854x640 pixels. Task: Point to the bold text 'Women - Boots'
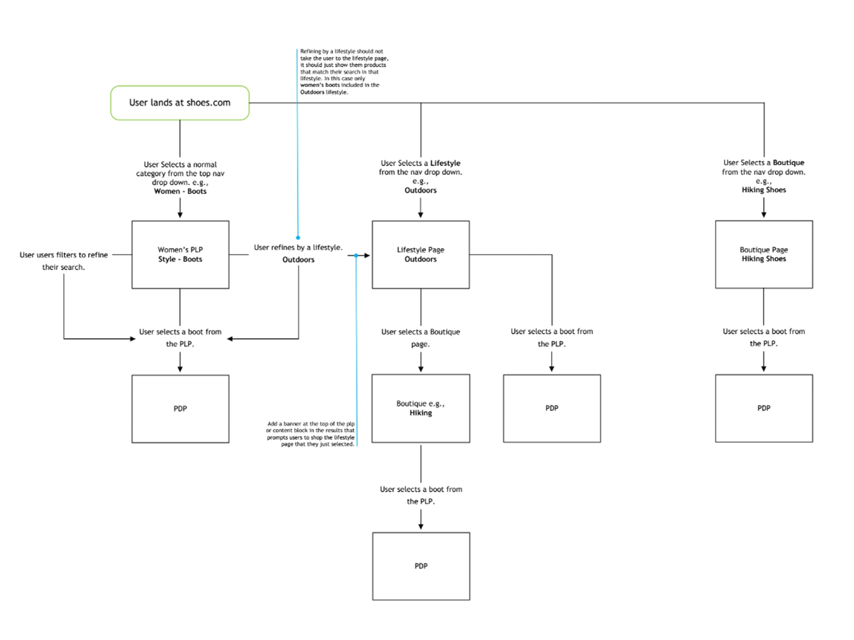pyautogui.click(x=180, y=191)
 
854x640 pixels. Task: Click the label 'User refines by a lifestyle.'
pyautogui.click(x=298, y=247)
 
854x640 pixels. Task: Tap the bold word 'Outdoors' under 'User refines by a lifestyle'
pyautogui.click(x=298, y=260)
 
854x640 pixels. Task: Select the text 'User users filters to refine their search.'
pyautogui.click(x=63, y=261)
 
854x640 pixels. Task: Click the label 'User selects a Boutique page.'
pyautogui.click(x=420, y=338)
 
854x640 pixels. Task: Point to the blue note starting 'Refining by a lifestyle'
pyautogui.click(x=344, y=72)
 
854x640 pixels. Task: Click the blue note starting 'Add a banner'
pyautogui.click(x=311, y=434)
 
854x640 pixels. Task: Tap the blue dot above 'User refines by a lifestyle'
pyautogui.click(x=298, y=237)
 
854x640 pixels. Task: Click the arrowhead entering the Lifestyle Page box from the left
pyautogui.click(x=367, y=255)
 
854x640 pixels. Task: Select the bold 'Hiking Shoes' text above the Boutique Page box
pyautogui.click(x=764, y=190)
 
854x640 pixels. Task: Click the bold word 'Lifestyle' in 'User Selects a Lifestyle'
pyautogui.click(x=445, y=163)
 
